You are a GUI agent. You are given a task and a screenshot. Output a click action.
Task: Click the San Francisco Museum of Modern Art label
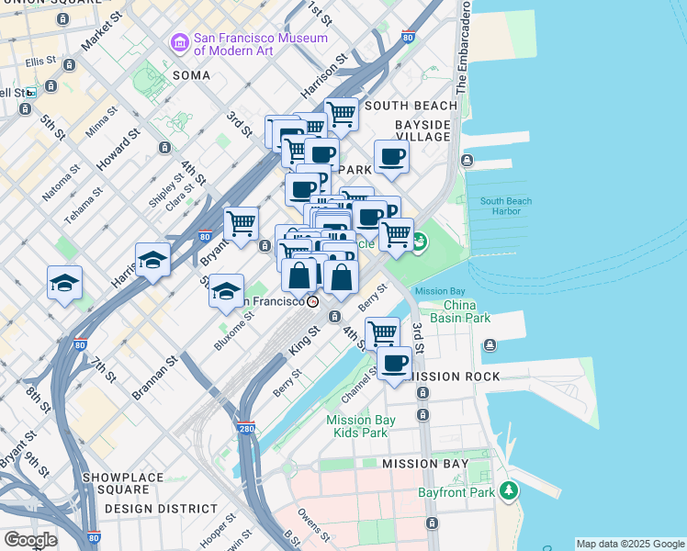pos(260,45)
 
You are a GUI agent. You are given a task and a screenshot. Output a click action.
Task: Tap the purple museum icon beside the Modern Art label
pos(179,42)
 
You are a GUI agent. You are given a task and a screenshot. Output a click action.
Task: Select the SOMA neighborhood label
pos(191,74)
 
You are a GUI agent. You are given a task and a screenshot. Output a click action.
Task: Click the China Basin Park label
pos(467,311)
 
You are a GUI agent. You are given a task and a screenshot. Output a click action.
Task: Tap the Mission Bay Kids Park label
pos(361,426)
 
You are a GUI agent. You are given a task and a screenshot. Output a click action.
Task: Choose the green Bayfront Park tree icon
pos(507,492)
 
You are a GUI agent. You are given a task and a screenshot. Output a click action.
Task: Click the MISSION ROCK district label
pos(451,377)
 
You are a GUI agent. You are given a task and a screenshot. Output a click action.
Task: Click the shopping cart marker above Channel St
pos(382,333)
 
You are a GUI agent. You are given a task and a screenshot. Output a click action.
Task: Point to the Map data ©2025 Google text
pos(630,544)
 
